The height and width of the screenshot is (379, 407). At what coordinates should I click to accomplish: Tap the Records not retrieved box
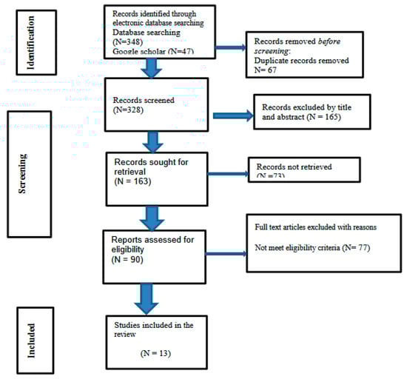[x=304, y=169]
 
